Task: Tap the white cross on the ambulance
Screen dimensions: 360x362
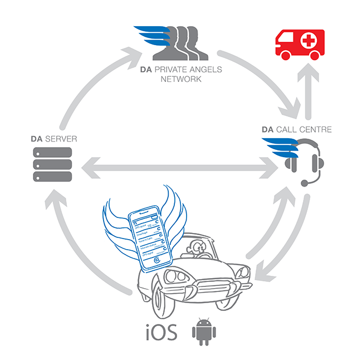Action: click(x=311, y=41)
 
